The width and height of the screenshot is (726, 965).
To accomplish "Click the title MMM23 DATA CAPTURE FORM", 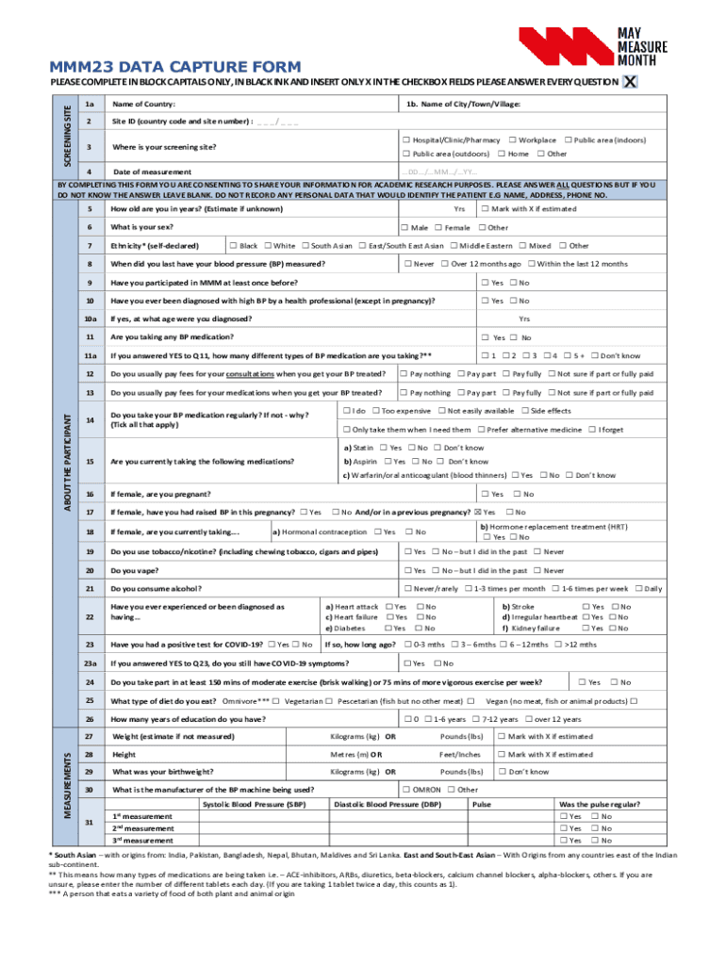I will tap(162, 67).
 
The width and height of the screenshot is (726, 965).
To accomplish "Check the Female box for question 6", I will tap(437, 227).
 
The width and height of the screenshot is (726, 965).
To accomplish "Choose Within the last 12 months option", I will tap(532, 264).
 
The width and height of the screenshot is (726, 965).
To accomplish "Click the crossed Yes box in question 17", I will tap(478, 512).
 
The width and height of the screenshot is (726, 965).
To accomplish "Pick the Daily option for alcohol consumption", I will tap(637, 588).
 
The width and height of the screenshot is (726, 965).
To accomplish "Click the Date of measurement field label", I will tap(152, 172).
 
